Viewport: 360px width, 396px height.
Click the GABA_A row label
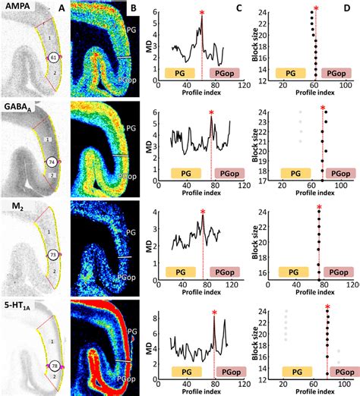point(19,107)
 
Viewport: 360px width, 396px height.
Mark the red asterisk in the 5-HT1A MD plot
point(215,313)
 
